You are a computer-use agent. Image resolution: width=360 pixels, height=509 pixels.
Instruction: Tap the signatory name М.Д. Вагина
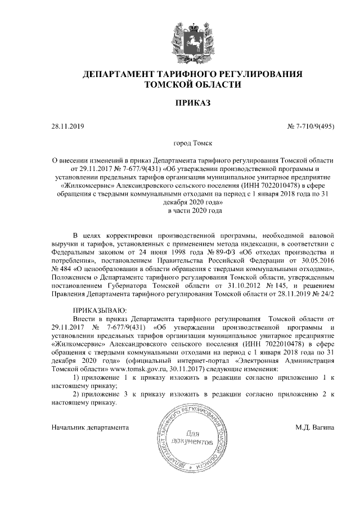tap(315, 427)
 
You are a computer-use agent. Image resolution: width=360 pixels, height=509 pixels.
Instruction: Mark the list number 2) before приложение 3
tap(78, 394)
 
